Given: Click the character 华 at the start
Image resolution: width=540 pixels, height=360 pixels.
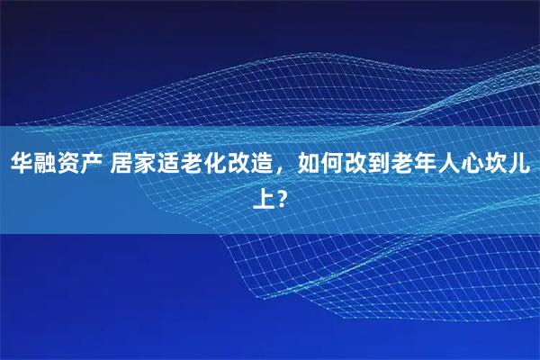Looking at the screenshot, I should (x=22, y=164).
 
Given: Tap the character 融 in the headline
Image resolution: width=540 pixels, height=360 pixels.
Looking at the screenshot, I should (x=45, y=164).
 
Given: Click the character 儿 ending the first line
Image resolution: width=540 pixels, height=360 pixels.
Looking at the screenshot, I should (x=520, y=164).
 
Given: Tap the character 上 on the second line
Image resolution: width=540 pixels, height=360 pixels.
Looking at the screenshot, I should (x=264, y=196).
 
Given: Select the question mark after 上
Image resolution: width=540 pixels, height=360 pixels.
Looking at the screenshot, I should (x=283, y=196).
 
